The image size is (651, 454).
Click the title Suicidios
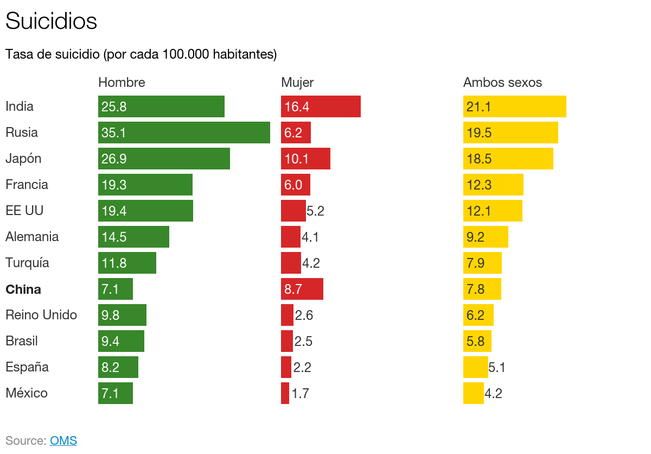(x=51, y=22)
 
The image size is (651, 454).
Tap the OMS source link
(x=63, y=440)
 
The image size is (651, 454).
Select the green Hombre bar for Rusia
(x=184, y=133)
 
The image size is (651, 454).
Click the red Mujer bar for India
(x=321, y=106)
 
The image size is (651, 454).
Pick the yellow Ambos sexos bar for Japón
(x=508, y=159)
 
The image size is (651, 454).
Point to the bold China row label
(x=23, y=289)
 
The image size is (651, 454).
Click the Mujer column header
(x=297, y=83)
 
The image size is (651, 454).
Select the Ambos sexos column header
(x=502, y=83)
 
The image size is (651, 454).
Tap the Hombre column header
(x=122, y=83)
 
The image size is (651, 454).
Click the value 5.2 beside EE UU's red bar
(x=315, y=211)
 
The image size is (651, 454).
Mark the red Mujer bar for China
(x=302, y=289)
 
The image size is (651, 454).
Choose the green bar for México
(x=116, y=393)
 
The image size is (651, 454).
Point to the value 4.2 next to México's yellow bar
(x=493, y=394)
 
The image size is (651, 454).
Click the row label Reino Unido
(x=41, y=315)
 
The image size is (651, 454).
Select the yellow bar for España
(x=475, y=367)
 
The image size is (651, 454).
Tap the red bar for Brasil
(x=287, y=341)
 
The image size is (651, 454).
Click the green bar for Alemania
(x=133, y=237)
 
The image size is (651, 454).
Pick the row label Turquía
(x=27, y=263)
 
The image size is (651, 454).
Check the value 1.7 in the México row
(x=300, y=394)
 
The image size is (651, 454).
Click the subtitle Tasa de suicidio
(x=141, y=54)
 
